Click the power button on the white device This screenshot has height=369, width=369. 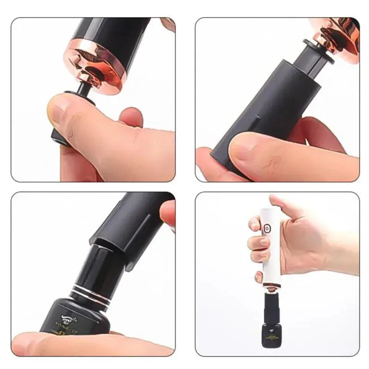267,227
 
